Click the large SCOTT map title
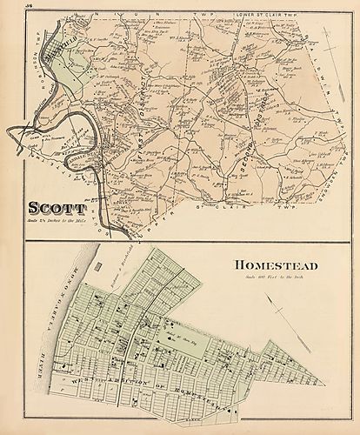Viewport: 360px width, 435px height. [x=57, y=210]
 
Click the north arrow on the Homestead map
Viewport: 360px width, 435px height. [x=287, y=312]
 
